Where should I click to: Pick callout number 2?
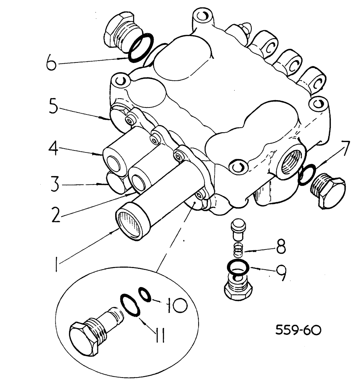[x=57, y=214]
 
